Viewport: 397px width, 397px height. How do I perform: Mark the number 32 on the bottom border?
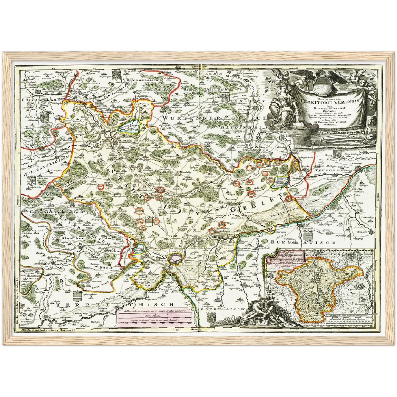[177, 329]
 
